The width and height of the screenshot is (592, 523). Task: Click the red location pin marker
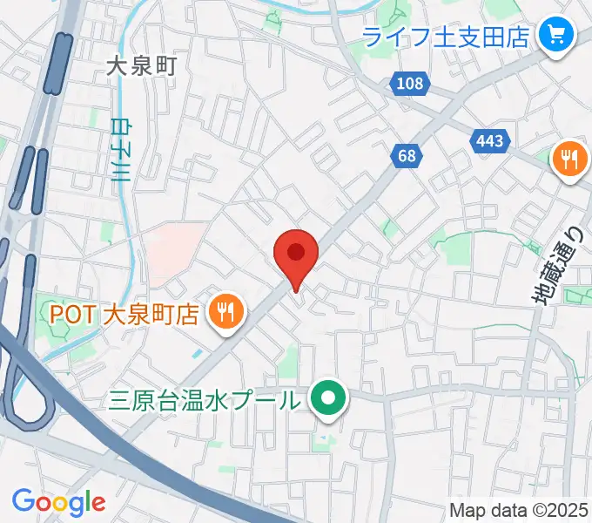tap(295, 254)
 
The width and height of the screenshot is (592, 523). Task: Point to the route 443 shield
tap(489, 139)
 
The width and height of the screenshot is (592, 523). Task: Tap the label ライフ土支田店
tap(446, 37)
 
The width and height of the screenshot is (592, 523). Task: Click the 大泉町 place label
tap(141, 65)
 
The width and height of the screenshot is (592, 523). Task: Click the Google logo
tap(58, 502)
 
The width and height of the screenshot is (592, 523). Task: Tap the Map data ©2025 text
tap(519, 510)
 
